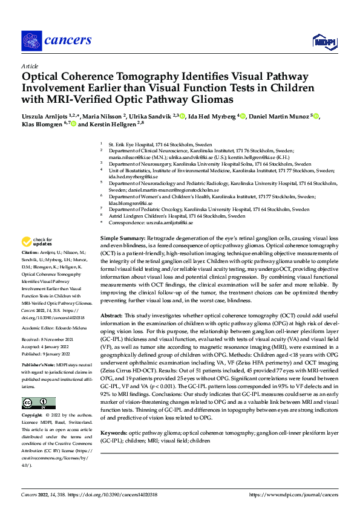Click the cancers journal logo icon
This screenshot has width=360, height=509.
[31, 41]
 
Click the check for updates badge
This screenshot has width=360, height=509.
[37, 242]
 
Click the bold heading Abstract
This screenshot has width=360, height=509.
[111, 316]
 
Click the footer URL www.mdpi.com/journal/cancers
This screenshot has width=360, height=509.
[295, 494]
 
